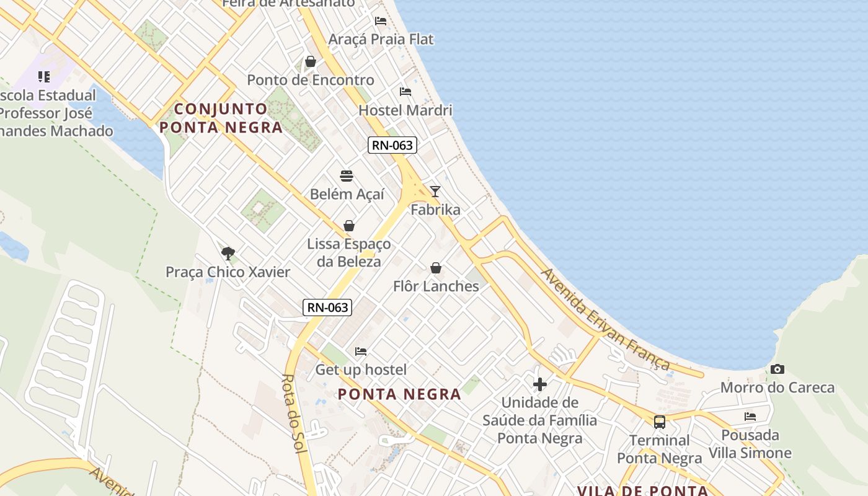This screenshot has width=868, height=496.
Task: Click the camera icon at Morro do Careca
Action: point(777,370)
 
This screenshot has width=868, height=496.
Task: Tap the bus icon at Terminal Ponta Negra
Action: point(660,422)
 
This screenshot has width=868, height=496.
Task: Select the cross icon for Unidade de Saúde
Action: point(540,384)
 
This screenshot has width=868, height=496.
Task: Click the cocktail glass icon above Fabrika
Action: point(435,192)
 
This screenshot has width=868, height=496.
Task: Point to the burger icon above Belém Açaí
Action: point(347,176)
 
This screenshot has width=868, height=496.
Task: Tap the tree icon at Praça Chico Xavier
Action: point(228,253)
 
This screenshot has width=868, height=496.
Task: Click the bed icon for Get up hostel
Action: point(361,352)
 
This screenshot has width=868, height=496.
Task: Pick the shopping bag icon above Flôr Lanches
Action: point(436,268)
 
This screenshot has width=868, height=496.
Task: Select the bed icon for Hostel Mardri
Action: point(405,92)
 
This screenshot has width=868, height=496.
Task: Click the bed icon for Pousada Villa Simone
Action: point(750,417)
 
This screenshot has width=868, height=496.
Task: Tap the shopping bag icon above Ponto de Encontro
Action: point(311,61)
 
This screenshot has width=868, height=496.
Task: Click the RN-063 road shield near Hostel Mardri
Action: point(392,146)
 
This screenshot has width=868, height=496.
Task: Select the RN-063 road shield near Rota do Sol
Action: point(327,307)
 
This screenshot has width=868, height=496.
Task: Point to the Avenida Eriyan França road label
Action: point(605,319)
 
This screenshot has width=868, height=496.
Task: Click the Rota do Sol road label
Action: point(295,414)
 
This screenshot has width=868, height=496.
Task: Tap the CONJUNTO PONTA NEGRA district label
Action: point(221,118)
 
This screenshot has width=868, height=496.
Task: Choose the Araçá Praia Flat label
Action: point(381,39)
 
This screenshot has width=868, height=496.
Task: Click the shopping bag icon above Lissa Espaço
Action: point(349,226)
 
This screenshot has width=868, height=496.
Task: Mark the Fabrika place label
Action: point(435,210)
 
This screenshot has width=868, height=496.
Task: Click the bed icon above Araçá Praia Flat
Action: point(381,20)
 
